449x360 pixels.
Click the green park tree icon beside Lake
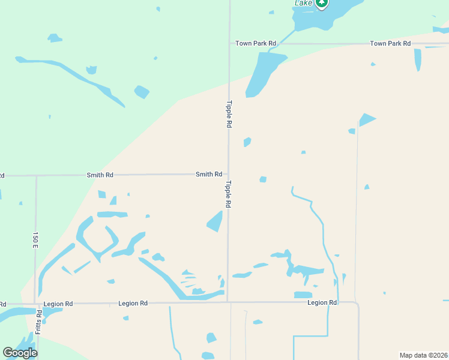(x=322, y=4)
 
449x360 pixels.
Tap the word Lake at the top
(x=303, y=3)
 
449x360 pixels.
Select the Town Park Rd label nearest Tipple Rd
(x=256, y=43)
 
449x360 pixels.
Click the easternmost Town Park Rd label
(x=390, y=43)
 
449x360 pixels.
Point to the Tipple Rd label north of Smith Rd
(x=229, y=113)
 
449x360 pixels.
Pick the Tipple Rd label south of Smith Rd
(x=229, y=194)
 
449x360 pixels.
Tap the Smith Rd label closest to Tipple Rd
(x=208, y=174)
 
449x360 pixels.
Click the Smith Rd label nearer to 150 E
(x=100, y=175)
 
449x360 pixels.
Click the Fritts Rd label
(x=38, y=322)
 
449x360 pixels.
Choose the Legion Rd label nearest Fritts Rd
(x=58, y=304)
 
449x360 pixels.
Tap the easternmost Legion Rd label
(x=322, y=302)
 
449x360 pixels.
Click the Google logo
(x=20, y=353)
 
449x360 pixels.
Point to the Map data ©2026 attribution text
(x=423, y=355)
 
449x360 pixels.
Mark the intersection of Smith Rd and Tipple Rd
(x=228, y=175)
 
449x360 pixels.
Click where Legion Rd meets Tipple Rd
(x=228, y=302)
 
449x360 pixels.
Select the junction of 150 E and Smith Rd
(x=36, y=176)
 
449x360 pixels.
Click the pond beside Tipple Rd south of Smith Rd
(x=215, y=221)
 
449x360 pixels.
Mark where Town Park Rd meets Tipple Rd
(x=230, y=43)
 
